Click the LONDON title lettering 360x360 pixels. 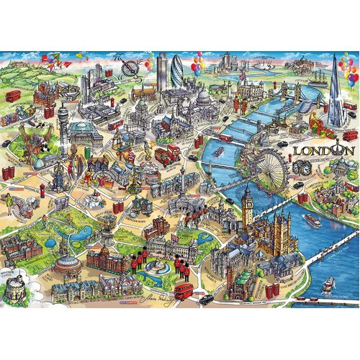(324, 151)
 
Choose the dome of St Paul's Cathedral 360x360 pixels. (204, 97)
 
